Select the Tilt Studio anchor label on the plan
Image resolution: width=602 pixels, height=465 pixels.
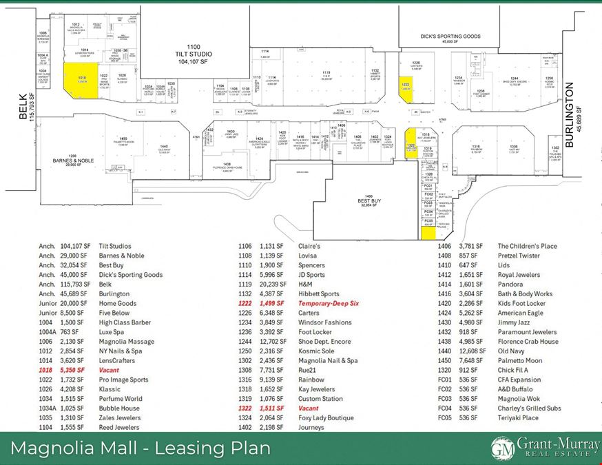point(194,54)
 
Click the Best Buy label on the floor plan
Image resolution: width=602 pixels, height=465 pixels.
point(369,200)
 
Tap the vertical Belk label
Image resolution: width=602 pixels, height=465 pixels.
point(22,107)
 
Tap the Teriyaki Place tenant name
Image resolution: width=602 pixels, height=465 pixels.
point(518,417)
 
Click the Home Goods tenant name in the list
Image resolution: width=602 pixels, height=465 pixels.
point(118,303)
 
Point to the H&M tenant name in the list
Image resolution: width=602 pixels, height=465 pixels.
point(305,284)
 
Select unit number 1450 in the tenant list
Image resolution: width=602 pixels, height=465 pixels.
point(444,360)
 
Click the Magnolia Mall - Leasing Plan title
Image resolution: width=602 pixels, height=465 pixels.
point(140,448)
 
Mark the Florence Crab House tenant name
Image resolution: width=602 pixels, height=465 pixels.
point(528,341)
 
